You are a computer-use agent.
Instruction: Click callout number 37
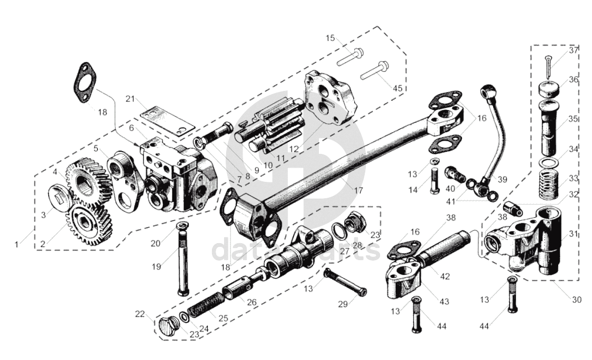click(573, 51)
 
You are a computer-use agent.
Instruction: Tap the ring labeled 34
click(550, 161)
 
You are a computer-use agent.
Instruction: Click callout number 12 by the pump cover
click(295, 149)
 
